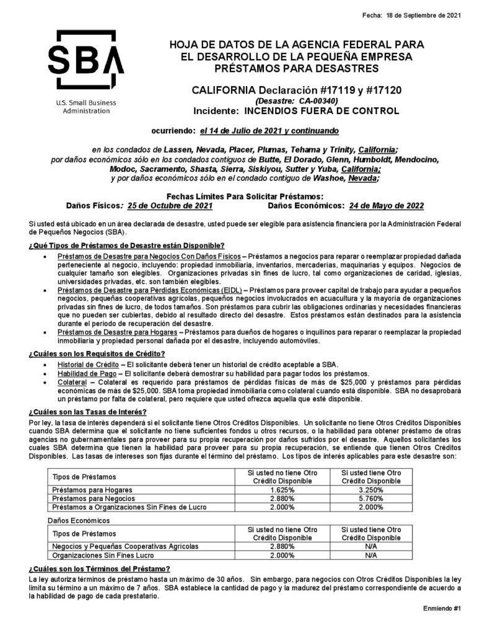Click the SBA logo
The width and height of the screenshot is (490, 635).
coord(86,60)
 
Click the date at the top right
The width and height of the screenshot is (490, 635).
coord(424,16)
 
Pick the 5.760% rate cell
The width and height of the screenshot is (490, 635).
coord(372,497)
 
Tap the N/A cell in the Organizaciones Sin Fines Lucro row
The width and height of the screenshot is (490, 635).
coord(372,556)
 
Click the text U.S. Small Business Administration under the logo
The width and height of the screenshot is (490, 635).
coord(86,106)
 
